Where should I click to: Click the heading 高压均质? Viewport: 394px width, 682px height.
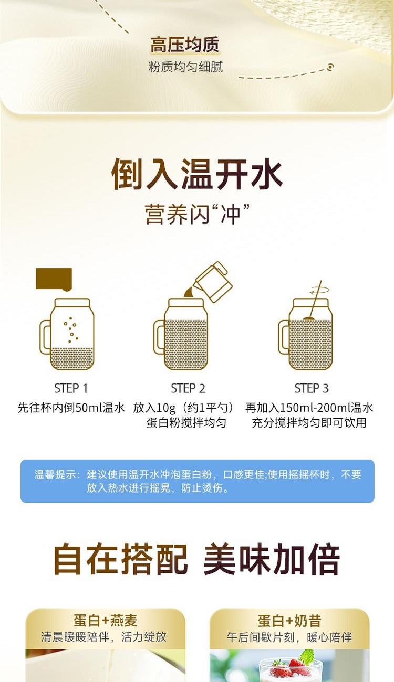pyautogui.click(x=185, y=45)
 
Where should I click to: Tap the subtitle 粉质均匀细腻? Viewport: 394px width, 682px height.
pyautogui.click(x=186, y=67)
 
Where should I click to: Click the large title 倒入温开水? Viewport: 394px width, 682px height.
pyautogui.click(x=197, y=174)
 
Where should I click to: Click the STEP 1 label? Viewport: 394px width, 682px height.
pyautogui.click(x=71, y=389)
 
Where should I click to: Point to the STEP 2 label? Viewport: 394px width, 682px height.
pyautogui.click(x=188, y=389)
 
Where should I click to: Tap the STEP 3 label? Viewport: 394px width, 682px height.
pyautogui.click(x=312, y=389)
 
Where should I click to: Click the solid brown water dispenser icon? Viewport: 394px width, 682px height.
pyautogui.click(x=54, y=279)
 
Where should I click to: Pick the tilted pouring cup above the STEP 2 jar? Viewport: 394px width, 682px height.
pyautogui.click(x=213, y=282)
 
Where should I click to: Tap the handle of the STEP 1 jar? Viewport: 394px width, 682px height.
pyautogui.click(x=45, y=337)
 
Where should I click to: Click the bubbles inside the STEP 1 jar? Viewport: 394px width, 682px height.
pyautogui.click(x=71, y=330)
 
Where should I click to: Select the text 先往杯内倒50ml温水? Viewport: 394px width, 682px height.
pyautogui.click(x=71, y=408)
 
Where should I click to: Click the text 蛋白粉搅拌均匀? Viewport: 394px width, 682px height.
pyautogui.click(x=186, y=423)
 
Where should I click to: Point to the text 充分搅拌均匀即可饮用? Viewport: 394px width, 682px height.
pyautogui.click(x=309, y=423)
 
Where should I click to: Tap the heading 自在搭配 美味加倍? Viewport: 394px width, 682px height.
pyautogui.click(x=197, y=560)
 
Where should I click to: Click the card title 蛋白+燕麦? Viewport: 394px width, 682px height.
pyautogui.click(x=106, y=620)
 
